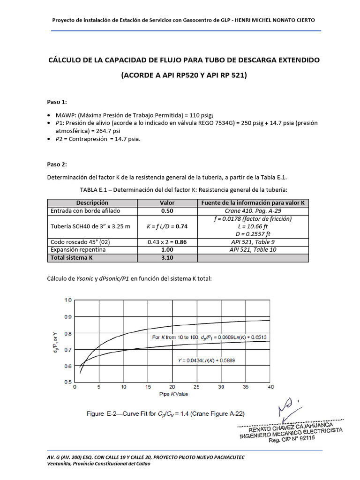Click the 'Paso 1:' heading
tap(57, 102)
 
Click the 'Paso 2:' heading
tap(57, 164)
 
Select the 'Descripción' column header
tap(92, 202)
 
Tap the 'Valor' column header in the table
tap(167, 202)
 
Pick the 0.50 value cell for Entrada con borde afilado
tap(167, 211)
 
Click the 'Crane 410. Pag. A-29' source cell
tap(253, 211)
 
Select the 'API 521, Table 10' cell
tap(253, 250)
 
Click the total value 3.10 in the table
tap(167, 257)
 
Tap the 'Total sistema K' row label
tap(72, 257)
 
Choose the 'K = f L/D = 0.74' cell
tap(167, 226)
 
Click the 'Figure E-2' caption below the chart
tap(166, 413)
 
